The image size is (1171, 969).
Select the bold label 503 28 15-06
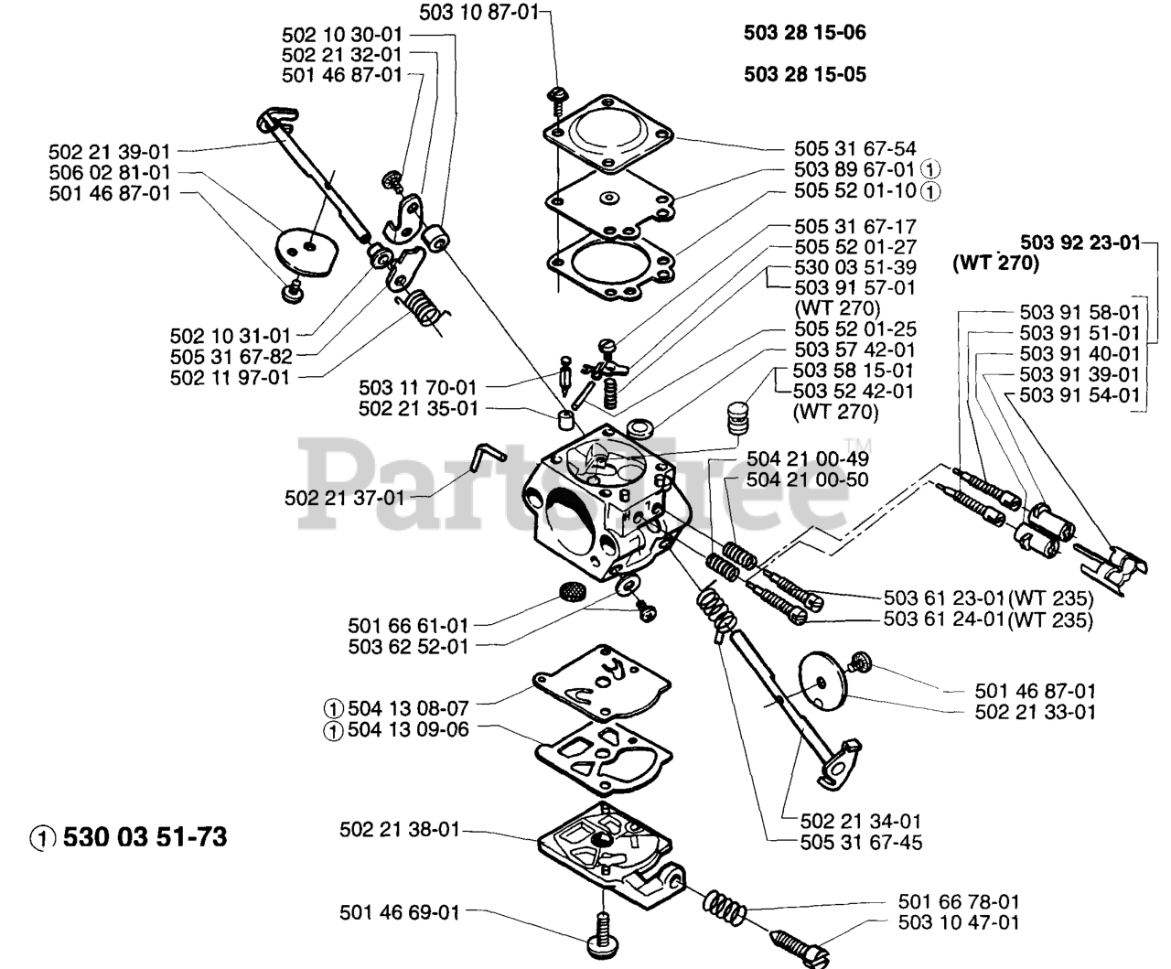tap(805, 34)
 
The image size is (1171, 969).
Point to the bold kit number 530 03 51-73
tap(145, 836)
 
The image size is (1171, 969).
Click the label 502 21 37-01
tap(343, 498)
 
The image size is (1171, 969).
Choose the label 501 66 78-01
tap(959, 903)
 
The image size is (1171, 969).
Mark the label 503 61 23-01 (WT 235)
tap(988, 599)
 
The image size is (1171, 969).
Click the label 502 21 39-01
tap(109, 152)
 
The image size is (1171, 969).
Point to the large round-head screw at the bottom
tap(602, 947)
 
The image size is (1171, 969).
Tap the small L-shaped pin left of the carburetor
tap(484, 455)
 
